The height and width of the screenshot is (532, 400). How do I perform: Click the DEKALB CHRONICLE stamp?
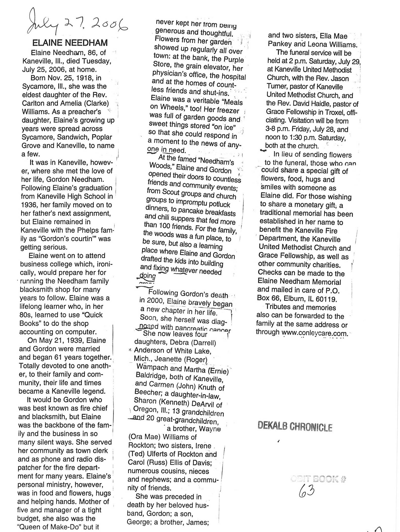point(295,427)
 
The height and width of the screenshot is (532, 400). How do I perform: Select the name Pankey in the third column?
point(280,44)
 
